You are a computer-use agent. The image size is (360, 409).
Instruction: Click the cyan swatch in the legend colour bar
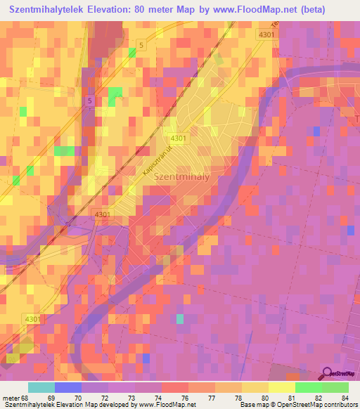(x=41, y=387)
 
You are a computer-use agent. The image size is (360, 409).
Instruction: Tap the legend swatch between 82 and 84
(x=335, y=387)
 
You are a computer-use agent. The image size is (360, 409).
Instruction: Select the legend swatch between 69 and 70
(x=67, y=387)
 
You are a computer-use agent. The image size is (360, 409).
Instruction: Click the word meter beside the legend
(x=11, y=398)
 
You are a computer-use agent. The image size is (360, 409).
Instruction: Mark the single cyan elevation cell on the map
(x=180, y=319)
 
